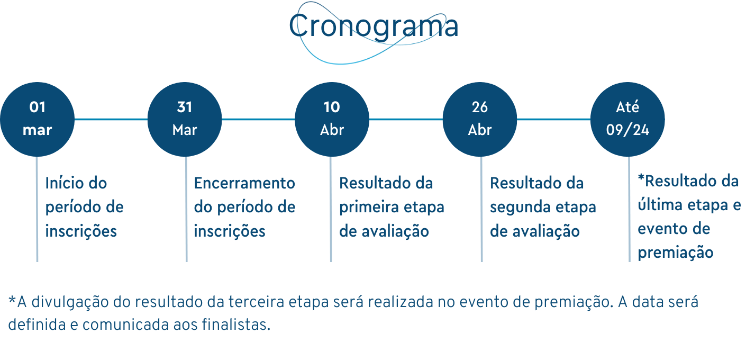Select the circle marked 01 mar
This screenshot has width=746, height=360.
[37, 119]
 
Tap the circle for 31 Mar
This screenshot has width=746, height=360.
[185, 119]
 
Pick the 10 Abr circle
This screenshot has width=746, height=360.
[332, 119]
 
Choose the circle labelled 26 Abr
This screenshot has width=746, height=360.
[480, 119]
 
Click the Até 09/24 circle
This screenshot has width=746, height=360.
[628, 119]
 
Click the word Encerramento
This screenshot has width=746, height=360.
[244, 183]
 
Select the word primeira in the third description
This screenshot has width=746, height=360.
[368, 208]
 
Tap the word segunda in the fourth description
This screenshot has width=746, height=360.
[520, 208]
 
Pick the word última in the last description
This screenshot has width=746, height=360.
[659, 205]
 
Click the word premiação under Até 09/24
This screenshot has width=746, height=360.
[676, 253]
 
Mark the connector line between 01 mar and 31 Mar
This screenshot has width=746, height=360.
[111, 119]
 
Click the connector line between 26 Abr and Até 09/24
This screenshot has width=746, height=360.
[554, 119]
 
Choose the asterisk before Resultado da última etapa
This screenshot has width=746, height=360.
[641, 178]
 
